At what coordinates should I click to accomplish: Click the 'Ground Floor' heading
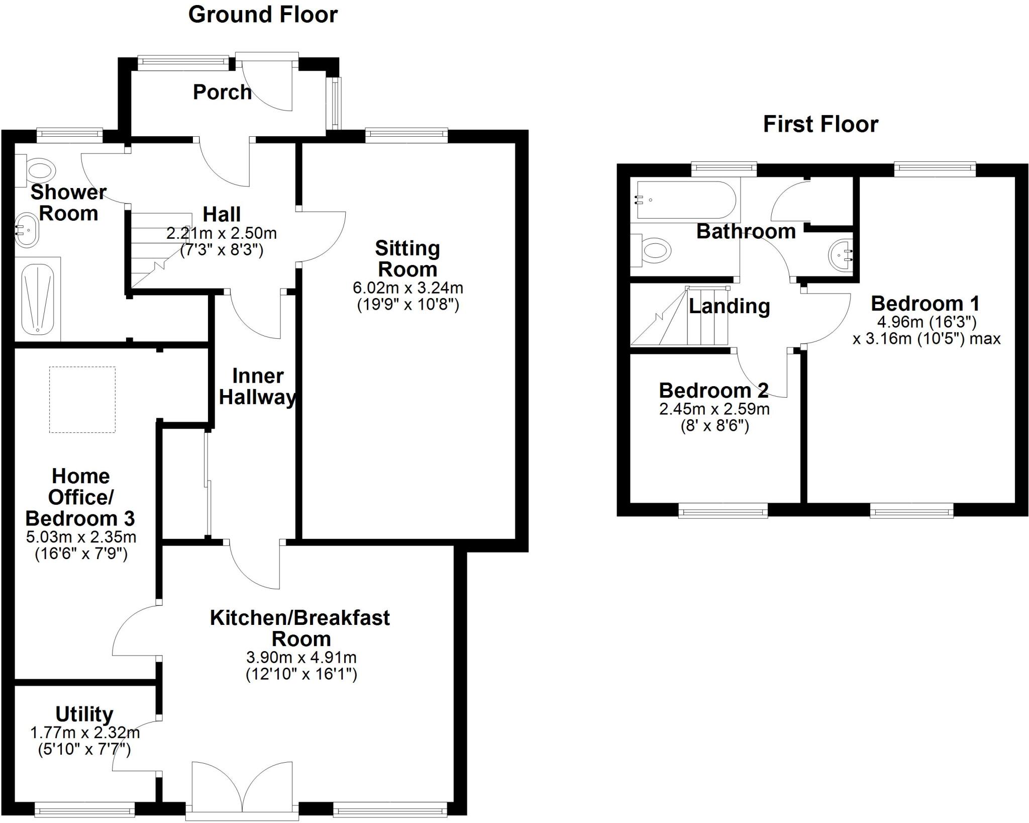click(263, 15)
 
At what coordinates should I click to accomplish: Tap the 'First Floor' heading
click(820, 124)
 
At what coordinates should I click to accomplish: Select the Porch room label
click(222, 93)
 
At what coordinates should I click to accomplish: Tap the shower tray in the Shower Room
click(38, 299)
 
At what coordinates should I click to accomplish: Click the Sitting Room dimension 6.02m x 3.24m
click(408, 288)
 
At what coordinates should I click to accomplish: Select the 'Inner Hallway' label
click(258, 387)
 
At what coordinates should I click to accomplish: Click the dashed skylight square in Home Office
click(82, 400)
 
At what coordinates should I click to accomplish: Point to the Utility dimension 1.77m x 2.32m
click(85, 733)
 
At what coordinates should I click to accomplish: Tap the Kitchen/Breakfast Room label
click(300, 628)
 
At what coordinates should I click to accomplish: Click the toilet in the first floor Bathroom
click(651, 250)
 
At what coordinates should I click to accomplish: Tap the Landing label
click(729, 306)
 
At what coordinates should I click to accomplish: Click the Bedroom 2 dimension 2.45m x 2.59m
click(714, 409)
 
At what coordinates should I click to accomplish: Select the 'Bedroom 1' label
click(925, 303)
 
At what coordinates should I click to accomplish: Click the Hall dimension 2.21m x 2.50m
click(222, 233)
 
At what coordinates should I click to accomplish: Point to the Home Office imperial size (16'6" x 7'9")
click(81, 554)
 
